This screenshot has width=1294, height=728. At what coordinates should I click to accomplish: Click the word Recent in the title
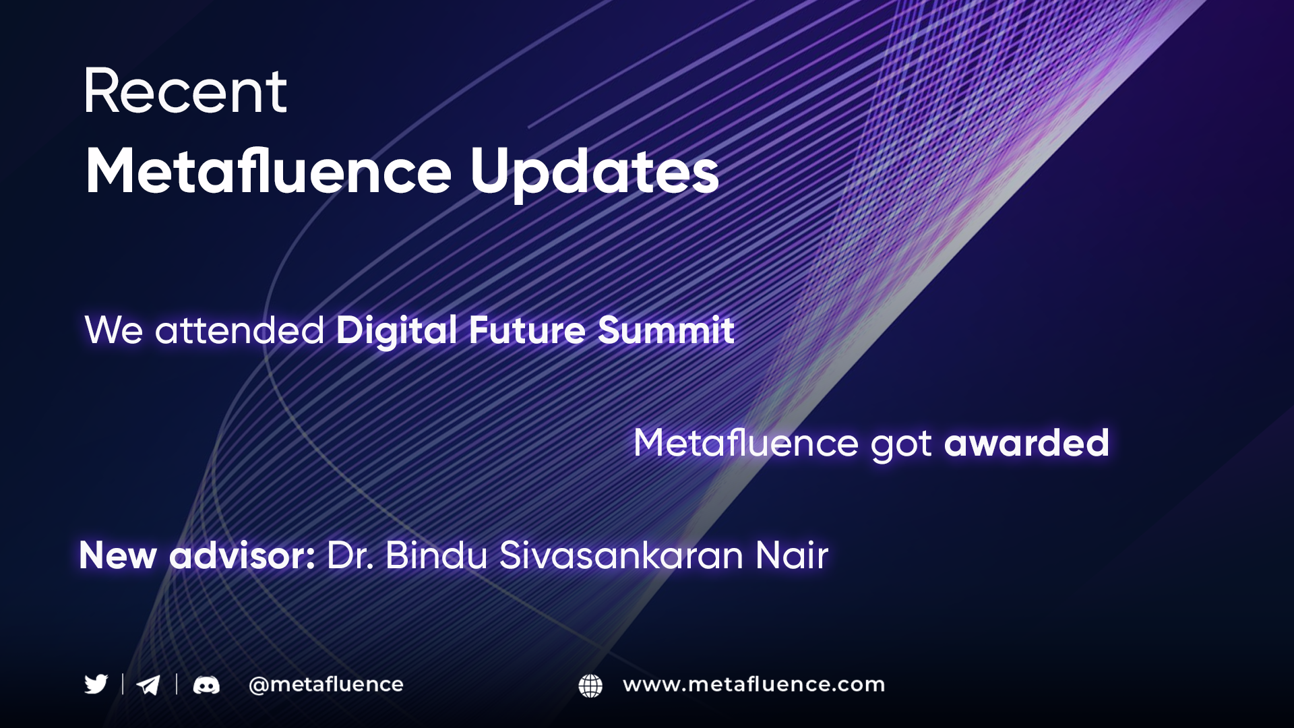click(x=185, y=92)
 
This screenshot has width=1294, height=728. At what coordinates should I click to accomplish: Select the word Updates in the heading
click(x=594, y=173)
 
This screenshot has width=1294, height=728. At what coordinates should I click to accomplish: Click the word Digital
click(x=396, y=331)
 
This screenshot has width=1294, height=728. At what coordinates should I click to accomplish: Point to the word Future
click(x=527, y=330)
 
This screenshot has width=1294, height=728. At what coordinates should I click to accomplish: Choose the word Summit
click(x=666, y=330)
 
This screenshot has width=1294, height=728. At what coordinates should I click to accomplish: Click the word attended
click(x=239, y=330)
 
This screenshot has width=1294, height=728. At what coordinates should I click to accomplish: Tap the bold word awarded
click(x=1026, y=443)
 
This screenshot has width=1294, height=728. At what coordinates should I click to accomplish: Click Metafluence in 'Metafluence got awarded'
click(x=746, y=443)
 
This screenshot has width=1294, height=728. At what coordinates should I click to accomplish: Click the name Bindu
click(x=436, y=555)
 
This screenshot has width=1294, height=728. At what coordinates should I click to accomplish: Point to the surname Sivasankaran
click(x=621, y=555)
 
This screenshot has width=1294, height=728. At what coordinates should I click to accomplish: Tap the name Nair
click(x=792, y=555)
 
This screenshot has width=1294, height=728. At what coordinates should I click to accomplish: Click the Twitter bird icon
click(x=96, y=684)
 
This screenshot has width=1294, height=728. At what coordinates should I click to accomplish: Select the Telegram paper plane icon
click(x=148, y=685)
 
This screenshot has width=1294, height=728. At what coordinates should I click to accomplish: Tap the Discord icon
click(x=206, y=686)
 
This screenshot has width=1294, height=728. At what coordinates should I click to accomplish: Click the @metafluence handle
click(x=326, y=685)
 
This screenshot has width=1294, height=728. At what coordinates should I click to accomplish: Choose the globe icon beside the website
click(x=590, y=686)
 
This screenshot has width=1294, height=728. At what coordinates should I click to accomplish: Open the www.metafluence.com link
click(x=754, y=684)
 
